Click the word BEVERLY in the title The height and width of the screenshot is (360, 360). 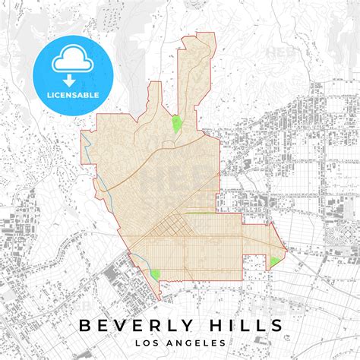click(x=135, y=326)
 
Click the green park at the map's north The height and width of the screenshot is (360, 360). click(x=177, y=124)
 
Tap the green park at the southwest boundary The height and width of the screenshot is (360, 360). click(x=156, y=273)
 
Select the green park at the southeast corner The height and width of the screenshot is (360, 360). click(x=274, y=261)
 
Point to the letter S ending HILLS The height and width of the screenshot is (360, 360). click(x=278, y=326)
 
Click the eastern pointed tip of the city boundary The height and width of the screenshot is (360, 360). click(x=286, y=248)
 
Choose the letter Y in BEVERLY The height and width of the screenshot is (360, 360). click(x=188, y=326)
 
